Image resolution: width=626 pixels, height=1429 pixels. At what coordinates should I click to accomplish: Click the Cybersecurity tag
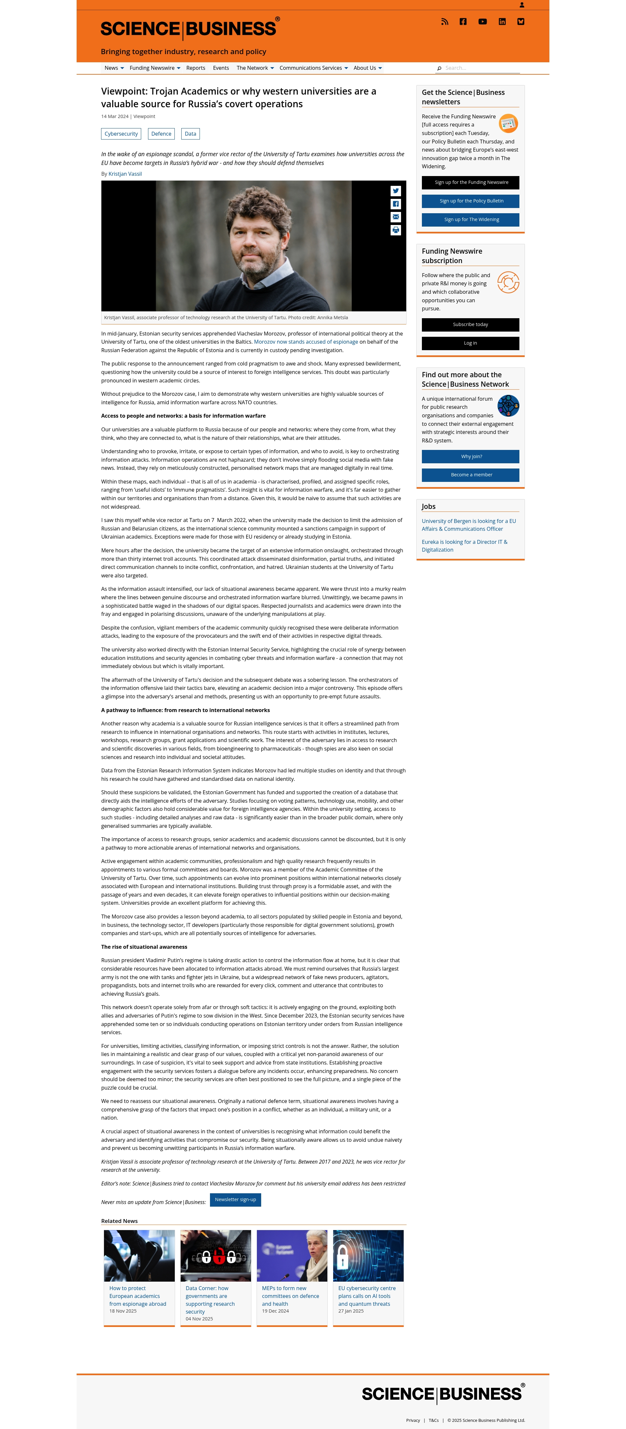[x=121, y=134]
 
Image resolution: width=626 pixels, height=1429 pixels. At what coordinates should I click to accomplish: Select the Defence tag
[x=161, y=134]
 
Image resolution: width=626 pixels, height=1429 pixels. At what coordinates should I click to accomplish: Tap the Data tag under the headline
[x=190, y=134]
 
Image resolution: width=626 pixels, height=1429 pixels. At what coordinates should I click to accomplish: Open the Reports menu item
[x=195, y=68]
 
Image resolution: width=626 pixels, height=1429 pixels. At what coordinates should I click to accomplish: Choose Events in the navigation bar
[x=221, y=68]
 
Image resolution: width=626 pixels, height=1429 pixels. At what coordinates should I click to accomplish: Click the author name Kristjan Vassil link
[x=125, y=174]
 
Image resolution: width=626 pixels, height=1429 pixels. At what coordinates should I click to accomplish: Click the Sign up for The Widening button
[x=470, y=220]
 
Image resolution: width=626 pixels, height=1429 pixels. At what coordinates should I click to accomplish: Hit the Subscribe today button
[x=470, y=324]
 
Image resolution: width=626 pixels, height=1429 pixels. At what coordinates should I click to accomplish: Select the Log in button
[x=470, y=343]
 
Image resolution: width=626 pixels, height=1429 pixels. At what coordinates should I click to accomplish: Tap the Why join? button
[x=470, y=456]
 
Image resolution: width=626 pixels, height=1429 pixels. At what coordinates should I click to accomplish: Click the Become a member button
[x=470, y=475]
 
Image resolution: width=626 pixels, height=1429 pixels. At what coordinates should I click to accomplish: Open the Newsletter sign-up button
[x=235, y=1199]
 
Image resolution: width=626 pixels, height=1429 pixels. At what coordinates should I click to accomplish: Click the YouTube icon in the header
[x=482, y=22]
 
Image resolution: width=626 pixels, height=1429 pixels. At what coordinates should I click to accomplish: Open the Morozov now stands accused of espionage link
[x=306, y=342]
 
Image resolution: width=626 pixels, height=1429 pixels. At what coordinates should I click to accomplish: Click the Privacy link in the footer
[x=413, y=1420]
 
